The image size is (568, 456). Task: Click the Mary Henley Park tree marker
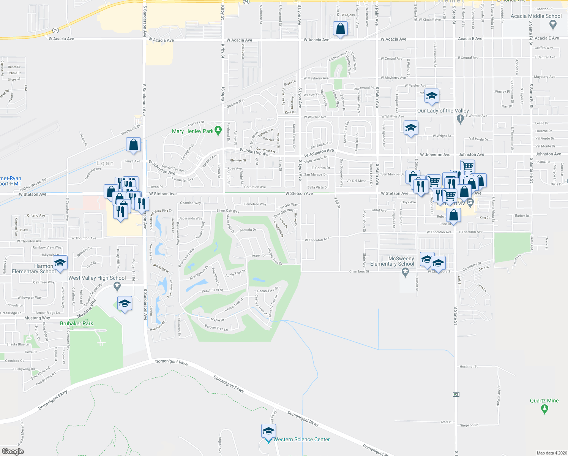click(x=218, y=130)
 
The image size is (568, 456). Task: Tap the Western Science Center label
click(x=301, y=439)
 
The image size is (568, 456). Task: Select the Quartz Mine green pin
click(x=544, y=408)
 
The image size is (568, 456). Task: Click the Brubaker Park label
click(x=76, y=323)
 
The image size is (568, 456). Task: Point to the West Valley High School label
click(x=97, y=278)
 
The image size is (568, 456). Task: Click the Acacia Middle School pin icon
click(x=553, y=25)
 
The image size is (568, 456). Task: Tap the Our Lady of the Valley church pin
click(x=460, y=119)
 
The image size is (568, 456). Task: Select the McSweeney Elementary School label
click(x=392, y=261)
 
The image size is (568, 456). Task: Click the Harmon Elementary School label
click(x=34, y=269)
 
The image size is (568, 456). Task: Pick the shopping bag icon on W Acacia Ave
click(x=340, y=29)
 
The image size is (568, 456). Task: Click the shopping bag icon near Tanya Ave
click(x=133, y=145)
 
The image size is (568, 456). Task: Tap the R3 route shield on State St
click(x=456, y=394)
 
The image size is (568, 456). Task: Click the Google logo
click(x=13, y=451)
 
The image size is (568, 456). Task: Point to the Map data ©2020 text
click(x=550, y=453)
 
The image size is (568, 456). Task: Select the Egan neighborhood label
click(x=105, y=163)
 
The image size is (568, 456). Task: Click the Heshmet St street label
click(x=469, y=366)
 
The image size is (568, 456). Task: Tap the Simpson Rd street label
click(x=469, y=425)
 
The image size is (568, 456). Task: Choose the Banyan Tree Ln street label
click(x=216, y=328)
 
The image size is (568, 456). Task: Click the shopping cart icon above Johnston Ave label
click(x=468, y=166)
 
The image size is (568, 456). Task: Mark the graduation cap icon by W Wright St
click(x=410, y=128)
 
